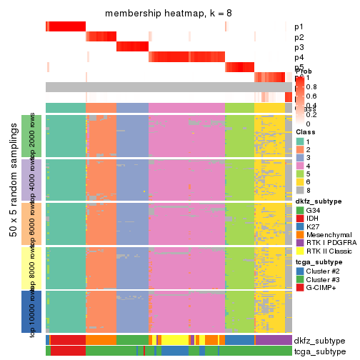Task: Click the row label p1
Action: tap(299, 27)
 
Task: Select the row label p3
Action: tap(299, 47)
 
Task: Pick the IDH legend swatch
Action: tap(299, 221)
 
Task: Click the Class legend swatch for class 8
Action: tap(299, 191)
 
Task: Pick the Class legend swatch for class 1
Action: tap(299, 141)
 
